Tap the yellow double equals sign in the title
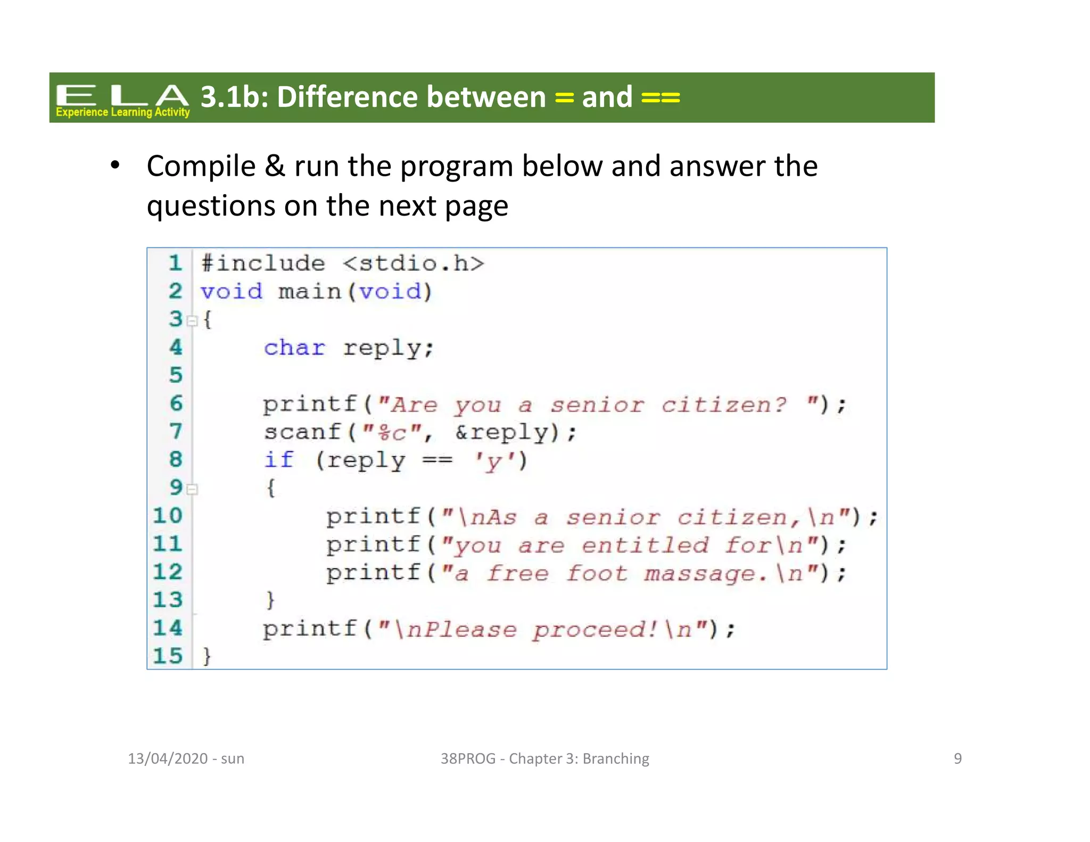(660, 98)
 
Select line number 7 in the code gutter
(176, 431)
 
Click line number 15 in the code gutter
(168, 656)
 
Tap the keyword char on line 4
(294, 348)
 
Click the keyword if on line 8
(279, 460)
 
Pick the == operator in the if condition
(437, 460)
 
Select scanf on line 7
(302, 432)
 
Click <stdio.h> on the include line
(414, 263)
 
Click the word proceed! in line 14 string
(596, 630)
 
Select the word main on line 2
(310, 292)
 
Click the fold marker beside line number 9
(193, 489)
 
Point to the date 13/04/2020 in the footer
(168, 758)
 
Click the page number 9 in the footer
(957, 758)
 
